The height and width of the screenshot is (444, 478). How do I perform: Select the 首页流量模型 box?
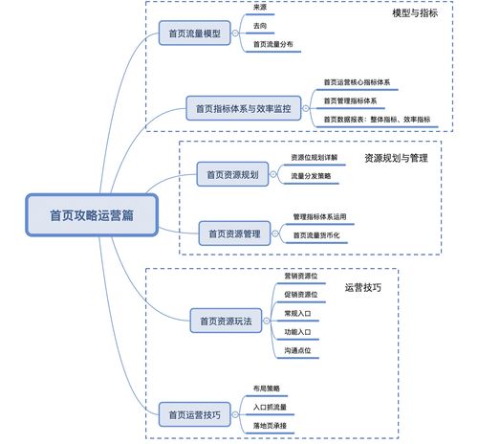(194, 33)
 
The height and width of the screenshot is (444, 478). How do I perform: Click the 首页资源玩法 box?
(227, 322)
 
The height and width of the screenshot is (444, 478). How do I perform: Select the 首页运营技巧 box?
(194, 414)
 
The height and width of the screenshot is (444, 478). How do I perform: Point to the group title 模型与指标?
(416, 14)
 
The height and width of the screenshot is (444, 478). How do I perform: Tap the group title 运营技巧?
(362, 287)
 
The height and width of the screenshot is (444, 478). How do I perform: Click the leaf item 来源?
(260, 8)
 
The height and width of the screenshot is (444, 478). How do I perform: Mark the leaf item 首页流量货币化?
(322, 234)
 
